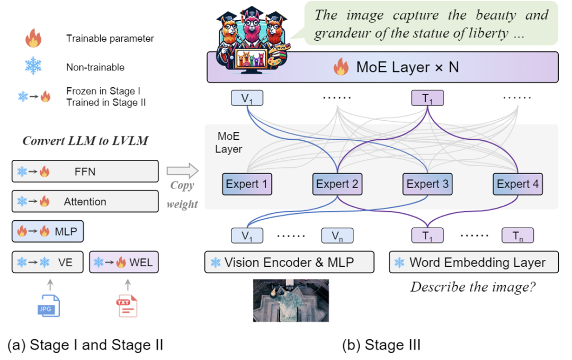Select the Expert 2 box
point(338,185)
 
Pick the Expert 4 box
point(517,185)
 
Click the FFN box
point(85,172)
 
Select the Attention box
point(85,202)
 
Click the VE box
point(48,262)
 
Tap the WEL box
point(124,262)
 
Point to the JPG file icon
point(49,305)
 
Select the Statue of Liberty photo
point(291,300)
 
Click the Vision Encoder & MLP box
point(289,262)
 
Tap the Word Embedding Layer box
point(475,262)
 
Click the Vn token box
point(337,236)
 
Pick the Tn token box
point(517,236)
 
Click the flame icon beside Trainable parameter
point(33,39)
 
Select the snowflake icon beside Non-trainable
point(33,67)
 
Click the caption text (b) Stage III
point(381,346)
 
